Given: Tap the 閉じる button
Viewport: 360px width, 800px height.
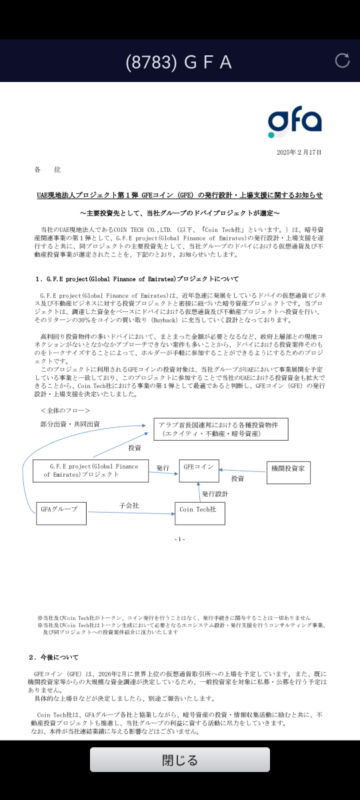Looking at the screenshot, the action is (180, 760).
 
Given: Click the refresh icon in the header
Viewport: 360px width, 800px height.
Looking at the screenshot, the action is (342, 61).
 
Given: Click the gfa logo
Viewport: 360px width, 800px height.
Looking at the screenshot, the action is (295, 121).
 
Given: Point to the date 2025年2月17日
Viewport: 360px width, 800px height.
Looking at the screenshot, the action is (299, 153).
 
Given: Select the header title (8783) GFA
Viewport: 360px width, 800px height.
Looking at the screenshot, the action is (179, 62).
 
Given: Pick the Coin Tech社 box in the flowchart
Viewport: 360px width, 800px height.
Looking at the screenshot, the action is (199, 513).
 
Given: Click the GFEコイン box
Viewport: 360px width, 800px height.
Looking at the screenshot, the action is (198, 469).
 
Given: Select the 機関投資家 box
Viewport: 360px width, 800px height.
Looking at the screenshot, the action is (288, 472).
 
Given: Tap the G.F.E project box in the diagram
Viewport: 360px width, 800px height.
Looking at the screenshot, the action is (91, 470).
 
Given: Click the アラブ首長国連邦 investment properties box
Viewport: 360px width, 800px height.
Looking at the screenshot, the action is (221, 429).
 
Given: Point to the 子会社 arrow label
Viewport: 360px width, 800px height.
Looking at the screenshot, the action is (129, 506).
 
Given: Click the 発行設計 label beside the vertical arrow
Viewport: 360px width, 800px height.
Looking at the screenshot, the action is (215, 494).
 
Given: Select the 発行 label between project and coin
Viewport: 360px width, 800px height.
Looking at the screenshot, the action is (163, 468).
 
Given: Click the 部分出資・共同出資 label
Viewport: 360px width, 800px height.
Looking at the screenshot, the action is (70, 424).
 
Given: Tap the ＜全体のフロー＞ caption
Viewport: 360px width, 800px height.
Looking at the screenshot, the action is (65, 411).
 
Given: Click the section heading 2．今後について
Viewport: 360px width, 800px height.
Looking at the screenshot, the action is (53, 657).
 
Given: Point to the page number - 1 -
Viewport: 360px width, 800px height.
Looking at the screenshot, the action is (179, 539).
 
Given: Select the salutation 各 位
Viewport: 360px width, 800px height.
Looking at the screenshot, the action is (47, 171).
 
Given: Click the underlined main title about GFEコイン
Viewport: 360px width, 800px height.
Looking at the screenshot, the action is (179, 195).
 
